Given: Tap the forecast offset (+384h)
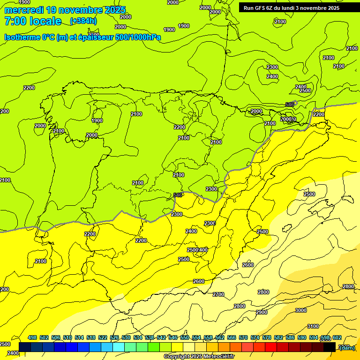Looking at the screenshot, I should tap(83, 21).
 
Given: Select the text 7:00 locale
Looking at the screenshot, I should tap(33, 21).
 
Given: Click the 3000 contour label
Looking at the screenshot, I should tap(301, 310).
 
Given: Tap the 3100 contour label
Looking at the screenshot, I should tap(313, 327).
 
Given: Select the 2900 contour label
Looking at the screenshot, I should tap(262, 312).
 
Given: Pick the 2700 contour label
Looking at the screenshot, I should tap(218, 295).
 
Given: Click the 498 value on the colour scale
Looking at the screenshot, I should tap(32, 337).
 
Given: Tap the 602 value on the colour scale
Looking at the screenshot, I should tap(337, 337).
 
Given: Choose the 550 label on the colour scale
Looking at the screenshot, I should tap(185, 337).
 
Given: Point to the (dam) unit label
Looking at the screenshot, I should tap(347, 347).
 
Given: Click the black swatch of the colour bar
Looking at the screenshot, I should tap(330, 347).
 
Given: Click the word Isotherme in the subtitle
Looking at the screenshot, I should tap(22, 37).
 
